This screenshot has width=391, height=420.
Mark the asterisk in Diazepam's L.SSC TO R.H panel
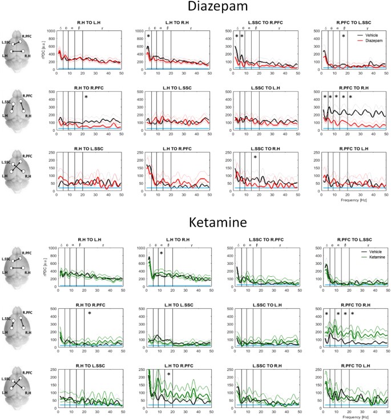(255, 157)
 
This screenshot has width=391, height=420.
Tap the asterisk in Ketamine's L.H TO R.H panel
(162, 254)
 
